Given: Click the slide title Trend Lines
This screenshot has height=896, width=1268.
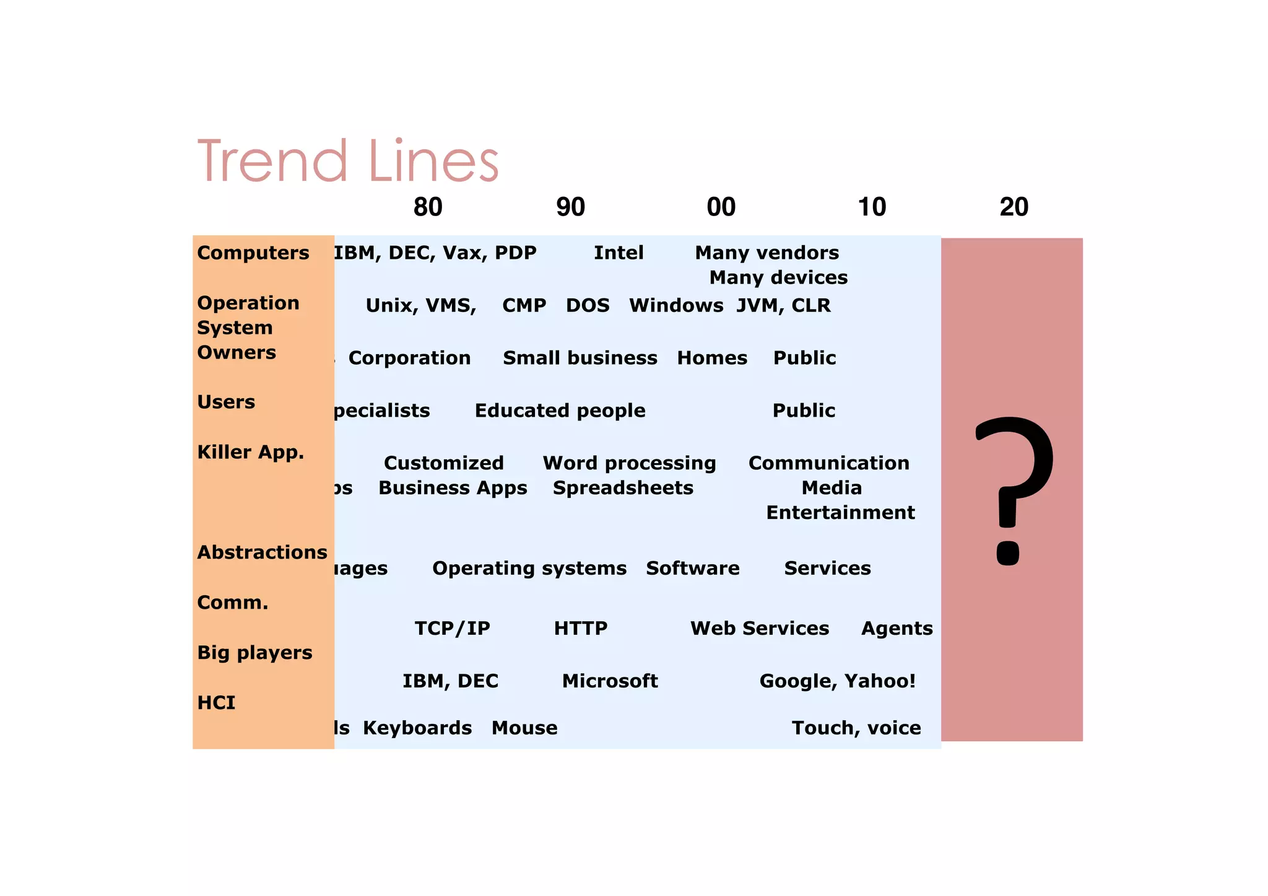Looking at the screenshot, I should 348,161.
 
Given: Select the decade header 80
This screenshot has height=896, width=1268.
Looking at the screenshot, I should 428,207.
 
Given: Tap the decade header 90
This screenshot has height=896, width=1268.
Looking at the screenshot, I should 570,207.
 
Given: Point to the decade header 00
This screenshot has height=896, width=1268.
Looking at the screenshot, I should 721,207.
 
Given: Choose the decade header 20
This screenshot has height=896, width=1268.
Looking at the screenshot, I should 1014,207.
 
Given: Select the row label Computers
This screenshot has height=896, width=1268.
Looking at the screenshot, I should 253,253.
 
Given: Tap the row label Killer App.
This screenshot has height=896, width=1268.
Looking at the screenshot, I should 250,453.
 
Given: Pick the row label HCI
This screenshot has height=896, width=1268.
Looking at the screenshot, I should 216,703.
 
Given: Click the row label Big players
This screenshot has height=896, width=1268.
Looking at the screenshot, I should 254,653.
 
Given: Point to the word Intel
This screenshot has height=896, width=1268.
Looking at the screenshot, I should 619,253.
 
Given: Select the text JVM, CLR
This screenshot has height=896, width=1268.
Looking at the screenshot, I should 783,306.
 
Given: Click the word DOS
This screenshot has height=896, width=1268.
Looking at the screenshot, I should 588,306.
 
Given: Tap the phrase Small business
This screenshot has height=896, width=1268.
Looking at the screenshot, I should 580,359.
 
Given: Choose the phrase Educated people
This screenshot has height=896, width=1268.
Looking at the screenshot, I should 560,411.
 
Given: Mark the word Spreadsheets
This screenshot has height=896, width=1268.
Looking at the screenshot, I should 623,489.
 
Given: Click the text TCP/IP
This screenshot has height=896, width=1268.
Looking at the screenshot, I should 452,629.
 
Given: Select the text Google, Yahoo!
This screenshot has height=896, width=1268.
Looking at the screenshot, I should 837,681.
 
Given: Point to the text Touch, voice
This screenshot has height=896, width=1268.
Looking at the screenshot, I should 856,728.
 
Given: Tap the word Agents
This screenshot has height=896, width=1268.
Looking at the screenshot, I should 897,629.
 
